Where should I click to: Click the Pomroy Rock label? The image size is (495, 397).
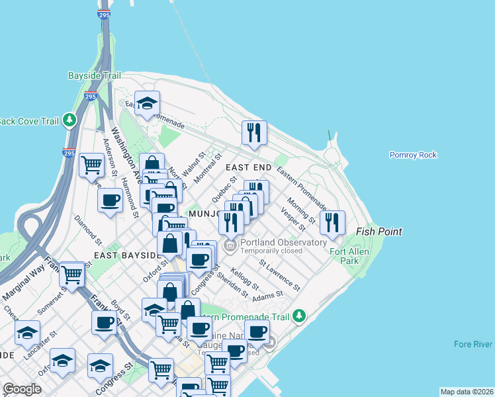[x=413, y=155]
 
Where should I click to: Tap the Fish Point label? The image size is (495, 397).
[x=379, y=232]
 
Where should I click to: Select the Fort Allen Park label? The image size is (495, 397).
[x=348, y=256]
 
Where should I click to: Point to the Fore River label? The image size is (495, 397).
[x=473, y=344]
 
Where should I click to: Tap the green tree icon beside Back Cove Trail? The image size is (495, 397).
[x=69, y=120]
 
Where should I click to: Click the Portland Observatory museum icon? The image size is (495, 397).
[x=230, y=247]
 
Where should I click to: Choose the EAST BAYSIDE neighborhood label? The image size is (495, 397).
[x=128, y=255]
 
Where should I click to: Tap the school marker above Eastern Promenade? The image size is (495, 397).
[x=147, y=103]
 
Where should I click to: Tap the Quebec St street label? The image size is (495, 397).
[x=224, y=189]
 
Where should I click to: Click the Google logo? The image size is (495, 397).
[x=22, y=389]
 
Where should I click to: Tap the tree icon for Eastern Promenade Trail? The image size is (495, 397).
[x=299, y=316]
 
